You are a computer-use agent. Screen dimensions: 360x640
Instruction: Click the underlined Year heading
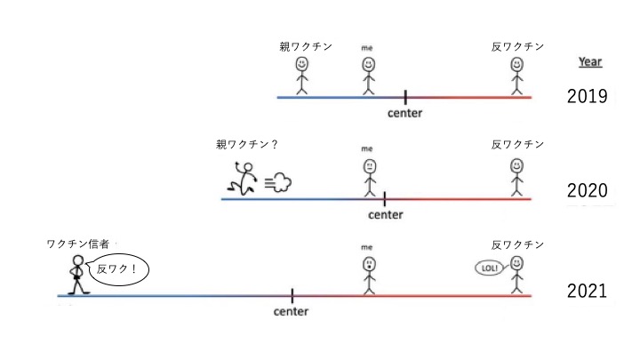pyautogui.click(x=590, y=62)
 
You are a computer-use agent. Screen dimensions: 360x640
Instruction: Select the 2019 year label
pyautogui.click(x=587, y=97)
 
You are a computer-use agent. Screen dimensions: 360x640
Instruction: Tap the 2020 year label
pyautogui.click(x=587, y=190)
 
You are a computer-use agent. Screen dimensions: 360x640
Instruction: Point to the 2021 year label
pyautogui.click(x=587, y=291)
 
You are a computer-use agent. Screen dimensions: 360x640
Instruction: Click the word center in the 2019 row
pyautogui.click(x=405, y=113)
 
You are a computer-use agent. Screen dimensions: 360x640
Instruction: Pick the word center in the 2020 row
pyautogui.click(x=386, y=214)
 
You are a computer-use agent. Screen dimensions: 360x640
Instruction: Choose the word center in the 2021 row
pyautogui.click(x=292, y=311)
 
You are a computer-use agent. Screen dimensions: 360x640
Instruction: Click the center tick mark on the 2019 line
pyautogui.click(x=405, y=96)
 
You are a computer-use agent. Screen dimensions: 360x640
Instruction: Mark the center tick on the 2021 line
pyautogui.click(x=292, y=295)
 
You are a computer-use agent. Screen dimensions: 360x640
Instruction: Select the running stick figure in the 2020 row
pyautogui.click(x=244, y=179)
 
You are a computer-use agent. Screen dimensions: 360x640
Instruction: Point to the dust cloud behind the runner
pyautogui.click(x=279, y=183)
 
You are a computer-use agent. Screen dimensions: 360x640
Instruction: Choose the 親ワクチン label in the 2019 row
pyautogui.click(x=306, y=46)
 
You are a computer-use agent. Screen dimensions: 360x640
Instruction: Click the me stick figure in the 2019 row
pyautogui.click(x=369, y=75)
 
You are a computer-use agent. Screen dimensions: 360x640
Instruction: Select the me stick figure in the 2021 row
pyautogui.click(x=369, y=275)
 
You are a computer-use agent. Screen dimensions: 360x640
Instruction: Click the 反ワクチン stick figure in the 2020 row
pyautogui.click(x=517, y=176)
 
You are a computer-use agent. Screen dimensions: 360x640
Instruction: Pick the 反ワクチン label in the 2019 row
pyautogui.click(x=517, y=46)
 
